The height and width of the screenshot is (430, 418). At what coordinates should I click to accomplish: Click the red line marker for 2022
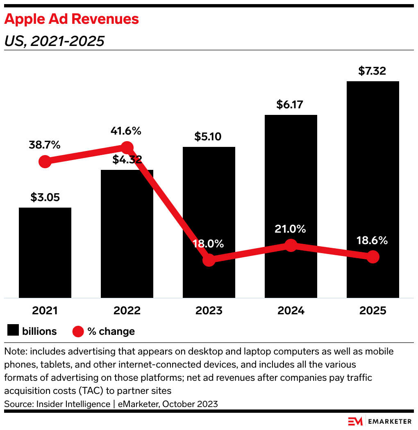(x=127, y=148)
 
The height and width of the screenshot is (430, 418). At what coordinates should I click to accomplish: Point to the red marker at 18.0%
(x=209, y=260)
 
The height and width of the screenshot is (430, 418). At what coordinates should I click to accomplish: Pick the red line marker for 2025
(x=373, y=257)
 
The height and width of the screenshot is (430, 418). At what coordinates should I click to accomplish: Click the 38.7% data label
(x=45, y=145)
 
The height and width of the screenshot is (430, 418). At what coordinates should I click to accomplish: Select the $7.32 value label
(x=372, y=71)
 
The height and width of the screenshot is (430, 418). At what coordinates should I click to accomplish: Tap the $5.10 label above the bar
(x=209, y=137)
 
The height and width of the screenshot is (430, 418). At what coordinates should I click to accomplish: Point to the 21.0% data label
(x=291, y=229)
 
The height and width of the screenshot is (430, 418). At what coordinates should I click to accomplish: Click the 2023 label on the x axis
(x=209, y=311)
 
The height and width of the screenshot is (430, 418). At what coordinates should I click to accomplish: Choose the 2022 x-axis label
(x=127, y=311)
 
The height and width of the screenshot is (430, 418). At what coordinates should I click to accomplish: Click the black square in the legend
(x=13, y=331)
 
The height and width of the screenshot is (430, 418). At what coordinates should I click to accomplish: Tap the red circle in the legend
(x=78, y=331)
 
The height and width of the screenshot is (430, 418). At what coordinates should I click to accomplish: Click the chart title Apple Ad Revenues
(x=72, y=19)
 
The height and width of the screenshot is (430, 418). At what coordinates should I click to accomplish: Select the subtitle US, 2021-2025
(x=54, y=41)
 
